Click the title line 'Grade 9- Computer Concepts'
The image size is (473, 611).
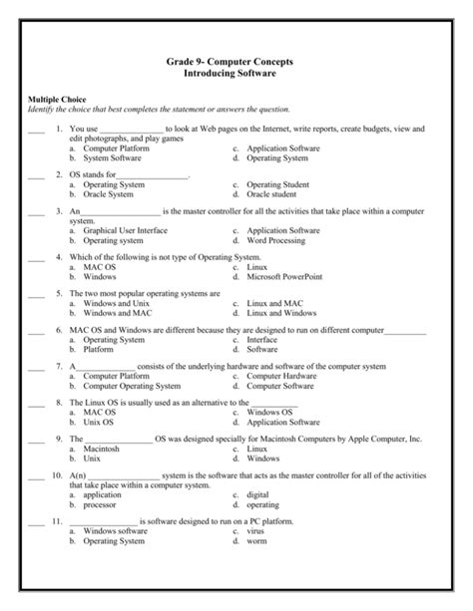pyautogui.click(x=236, y=63)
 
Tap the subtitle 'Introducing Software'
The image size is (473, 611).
pyautogui.click(x=236, y=75)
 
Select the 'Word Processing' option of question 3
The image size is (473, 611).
pyautogui.click(x=277, y=240)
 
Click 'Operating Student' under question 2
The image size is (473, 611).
pyautogui.click(x=279, y=184)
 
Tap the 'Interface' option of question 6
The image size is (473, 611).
pyautogui.click(x=262, y=340)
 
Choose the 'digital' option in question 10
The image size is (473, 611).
pyautogui.click(x=257, y=494)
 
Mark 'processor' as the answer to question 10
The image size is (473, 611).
pyautogui.click(x=102, y=504)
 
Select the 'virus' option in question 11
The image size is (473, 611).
pyautogui.click(x=255, y=531)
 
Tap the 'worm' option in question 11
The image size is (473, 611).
pyautogui.click(x=256, y=541)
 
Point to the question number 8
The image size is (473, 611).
pyautogui.click(x=60, y=403)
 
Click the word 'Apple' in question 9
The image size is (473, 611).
pyautogui.click(x=353, y=439)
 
